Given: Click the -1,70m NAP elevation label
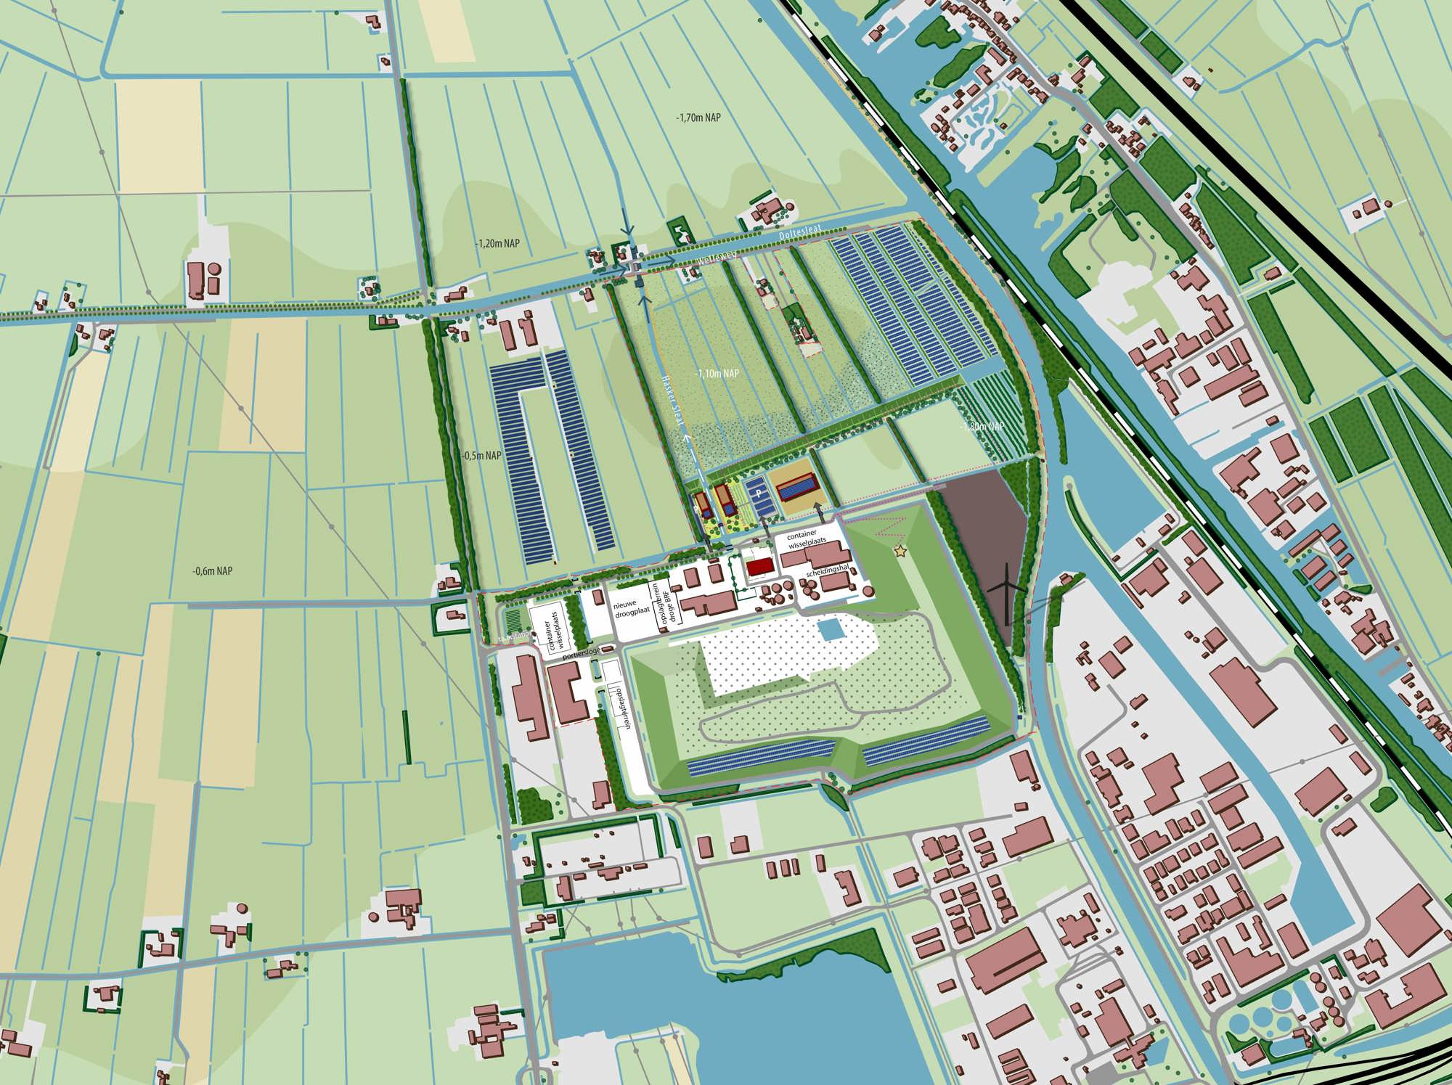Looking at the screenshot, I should [698, 118].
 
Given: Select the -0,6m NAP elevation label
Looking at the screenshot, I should [213, 571].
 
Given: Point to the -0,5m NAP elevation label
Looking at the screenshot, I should [482, 456].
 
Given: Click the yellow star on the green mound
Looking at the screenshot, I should [901, 552].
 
